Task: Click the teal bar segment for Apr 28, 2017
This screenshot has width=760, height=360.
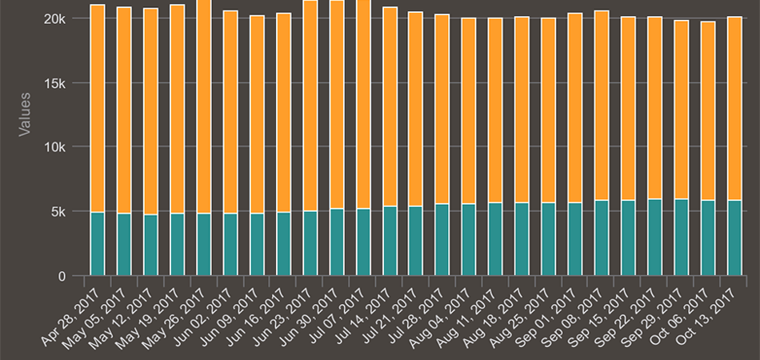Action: click(x=98, y=244)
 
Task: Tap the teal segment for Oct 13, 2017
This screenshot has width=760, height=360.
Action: click(x=734, y=238)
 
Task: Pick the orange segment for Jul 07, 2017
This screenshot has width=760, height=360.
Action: click(x=363, y=104)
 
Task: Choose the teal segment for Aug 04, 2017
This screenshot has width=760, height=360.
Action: click(x=469, y=240)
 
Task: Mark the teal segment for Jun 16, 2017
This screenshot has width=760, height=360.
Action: click(x=283, y=244)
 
